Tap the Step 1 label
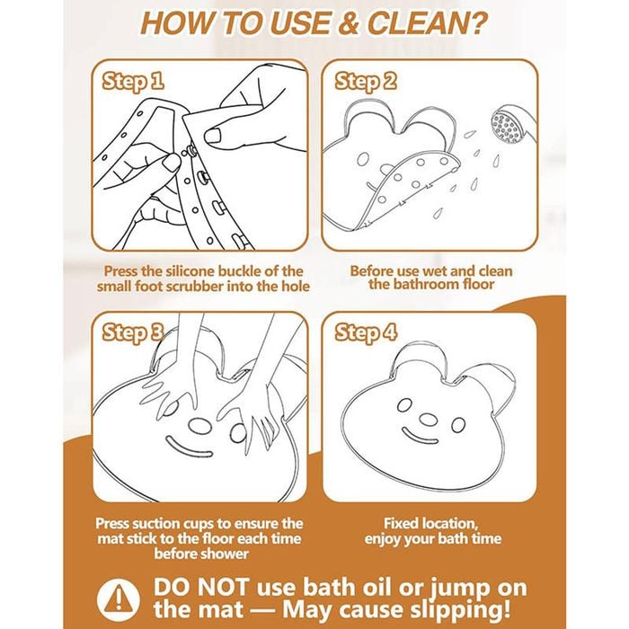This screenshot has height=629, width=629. (133, 82)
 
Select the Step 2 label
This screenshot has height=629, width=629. (366, 82)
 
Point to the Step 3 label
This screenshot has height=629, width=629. (133, 332)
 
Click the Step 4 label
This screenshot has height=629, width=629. (366, 332)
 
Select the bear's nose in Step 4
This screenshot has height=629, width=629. (429, 420)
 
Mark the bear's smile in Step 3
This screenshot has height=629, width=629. (188, 447)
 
